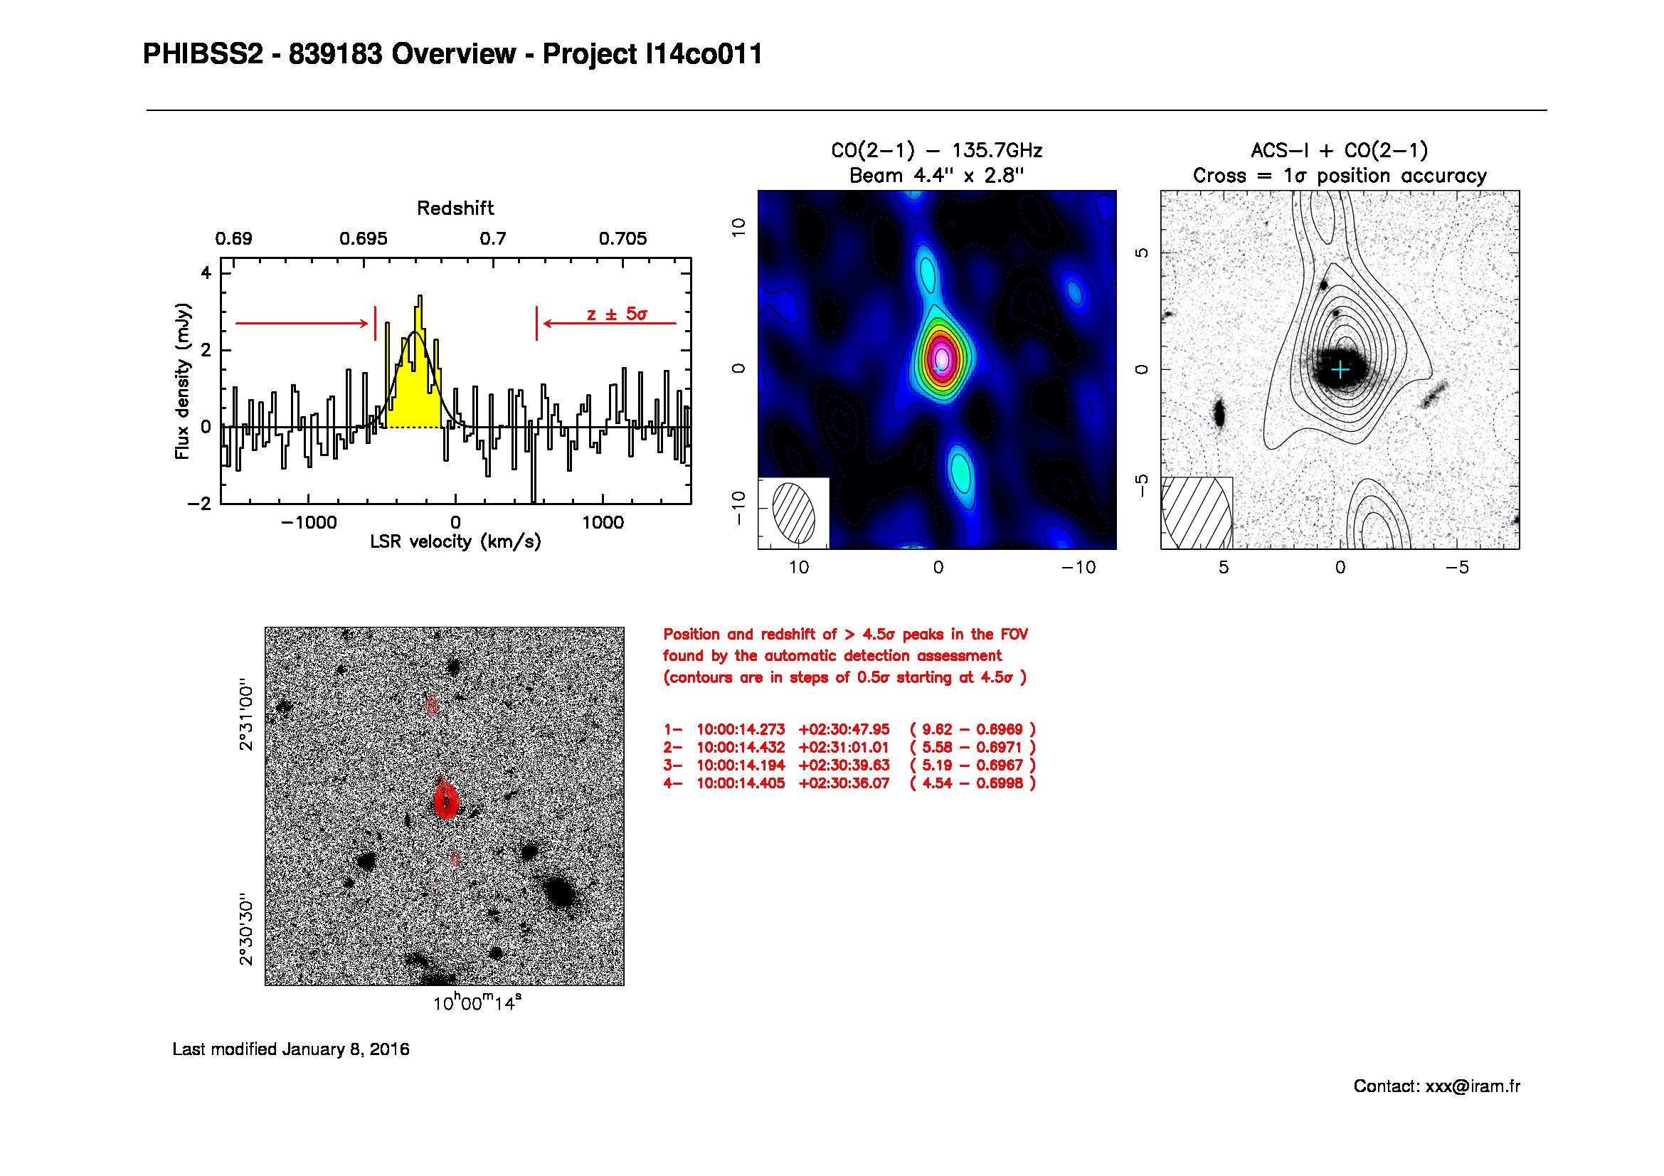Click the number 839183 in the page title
(335, 54)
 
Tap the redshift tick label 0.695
(363, 238)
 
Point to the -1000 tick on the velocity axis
(309, 522)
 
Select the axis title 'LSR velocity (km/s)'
(455, 542)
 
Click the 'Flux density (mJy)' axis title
(182, 381)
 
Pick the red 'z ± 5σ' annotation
(617, 314)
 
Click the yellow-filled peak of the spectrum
(414, 369)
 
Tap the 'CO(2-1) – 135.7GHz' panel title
(936, 151)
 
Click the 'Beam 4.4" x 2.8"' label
(936, 175)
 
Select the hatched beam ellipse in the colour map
(794, 512)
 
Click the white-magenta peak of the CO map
(941, 357)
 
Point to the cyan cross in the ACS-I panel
(1341, 369)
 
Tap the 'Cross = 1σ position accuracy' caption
(1340, 175)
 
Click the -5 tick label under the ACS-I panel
(1457, 567)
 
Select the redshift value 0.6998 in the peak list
(1000, 783)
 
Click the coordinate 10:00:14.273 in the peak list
(741, 729)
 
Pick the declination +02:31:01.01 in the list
(844, 747)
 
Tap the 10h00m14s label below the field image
(477, 1002)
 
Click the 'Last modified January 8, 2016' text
(291, 1049)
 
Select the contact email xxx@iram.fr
(1473, 1086)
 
